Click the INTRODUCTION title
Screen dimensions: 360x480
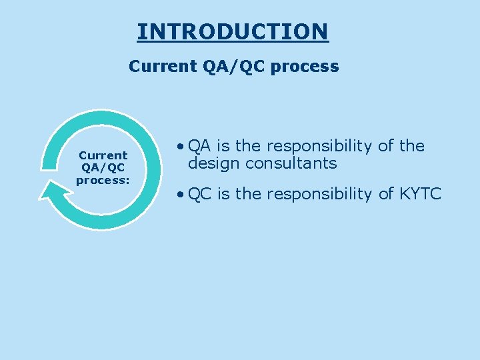(x=233, y=31)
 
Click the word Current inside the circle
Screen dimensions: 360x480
(x=103, y=155)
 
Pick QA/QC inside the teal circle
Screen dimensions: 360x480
(x=103, y=167)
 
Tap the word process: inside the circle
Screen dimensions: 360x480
(x=103, y=179)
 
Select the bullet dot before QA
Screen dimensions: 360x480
(x=181, y=147)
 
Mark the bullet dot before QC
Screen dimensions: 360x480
(x=181, y=195)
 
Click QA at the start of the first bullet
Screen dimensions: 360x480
(x=199, y=146)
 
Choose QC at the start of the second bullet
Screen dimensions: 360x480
(x=199, y=194)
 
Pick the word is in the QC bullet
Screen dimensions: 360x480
(x=223, y=194)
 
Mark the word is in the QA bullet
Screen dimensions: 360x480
(x=223, y=146)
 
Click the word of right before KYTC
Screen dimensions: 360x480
(x=388, y=194)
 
